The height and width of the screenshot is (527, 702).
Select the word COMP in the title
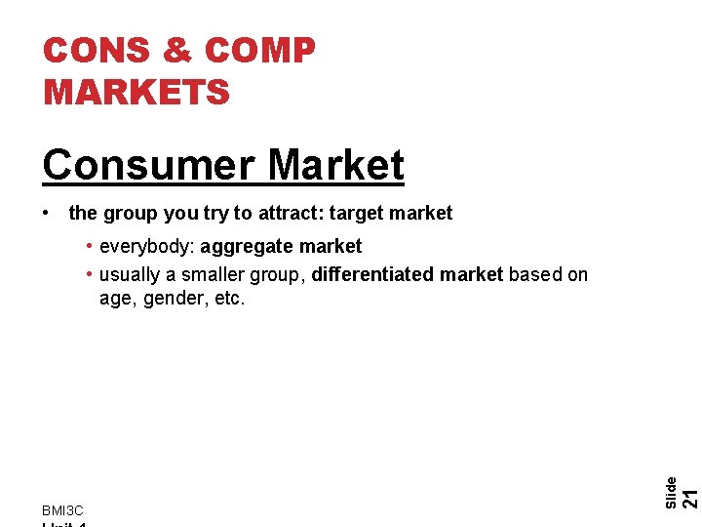click(261, 51)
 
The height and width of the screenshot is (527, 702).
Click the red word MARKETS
click(136, 92)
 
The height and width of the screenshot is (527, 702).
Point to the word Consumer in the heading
click(147, 165)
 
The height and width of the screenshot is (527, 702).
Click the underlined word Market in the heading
click(335, 165)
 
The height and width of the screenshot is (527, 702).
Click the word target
click(358, 213)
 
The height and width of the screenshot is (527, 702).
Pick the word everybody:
click(147, 246)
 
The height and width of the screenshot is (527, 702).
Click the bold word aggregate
click(246, 246)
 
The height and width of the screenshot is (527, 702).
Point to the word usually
click(131, 274)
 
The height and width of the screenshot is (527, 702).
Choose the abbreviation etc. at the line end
click(229, 298)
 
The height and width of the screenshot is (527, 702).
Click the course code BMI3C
click(62, 510)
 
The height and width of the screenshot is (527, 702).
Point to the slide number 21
click(689, 498)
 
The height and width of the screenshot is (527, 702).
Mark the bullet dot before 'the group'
click(48, 213)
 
